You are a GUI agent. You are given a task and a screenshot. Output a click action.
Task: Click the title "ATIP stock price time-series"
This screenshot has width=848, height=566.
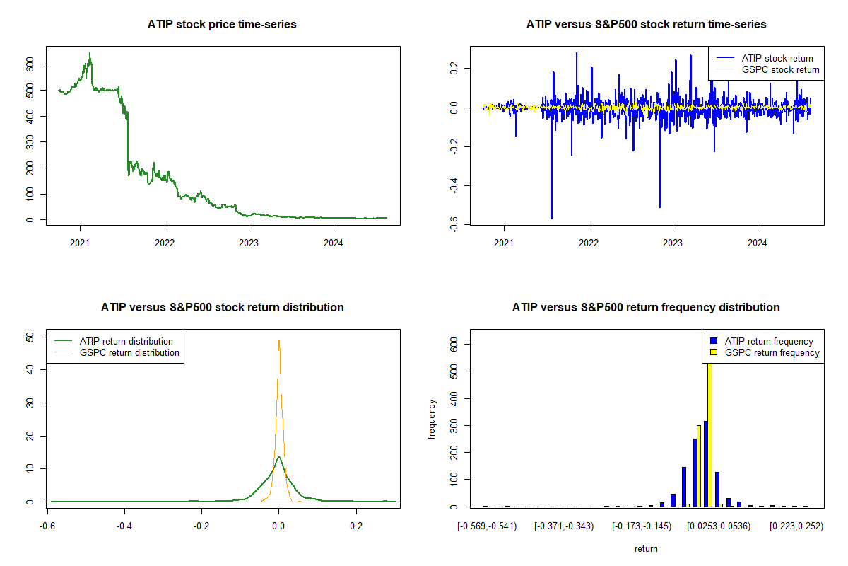pos(222,25)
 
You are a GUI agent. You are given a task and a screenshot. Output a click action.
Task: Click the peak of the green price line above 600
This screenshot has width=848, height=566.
pos(90,53)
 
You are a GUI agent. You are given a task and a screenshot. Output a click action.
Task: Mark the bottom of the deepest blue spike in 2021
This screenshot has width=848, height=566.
pos(552,219)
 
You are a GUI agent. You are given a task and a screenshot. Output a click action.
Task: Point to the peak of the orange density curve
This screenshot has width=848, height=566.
pos(279,340)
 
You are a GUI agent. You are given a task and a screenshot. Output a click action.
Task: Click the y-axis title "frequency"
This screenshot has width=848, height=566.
pos(432,420)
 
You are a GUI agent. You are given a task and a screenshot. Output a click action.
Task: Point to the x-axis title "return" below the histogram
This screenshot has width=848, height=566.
pos(646,548)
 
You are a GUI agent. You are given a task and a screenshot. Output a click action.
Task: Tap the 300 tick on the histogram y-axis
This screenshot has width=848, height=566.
pos(453,425)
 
